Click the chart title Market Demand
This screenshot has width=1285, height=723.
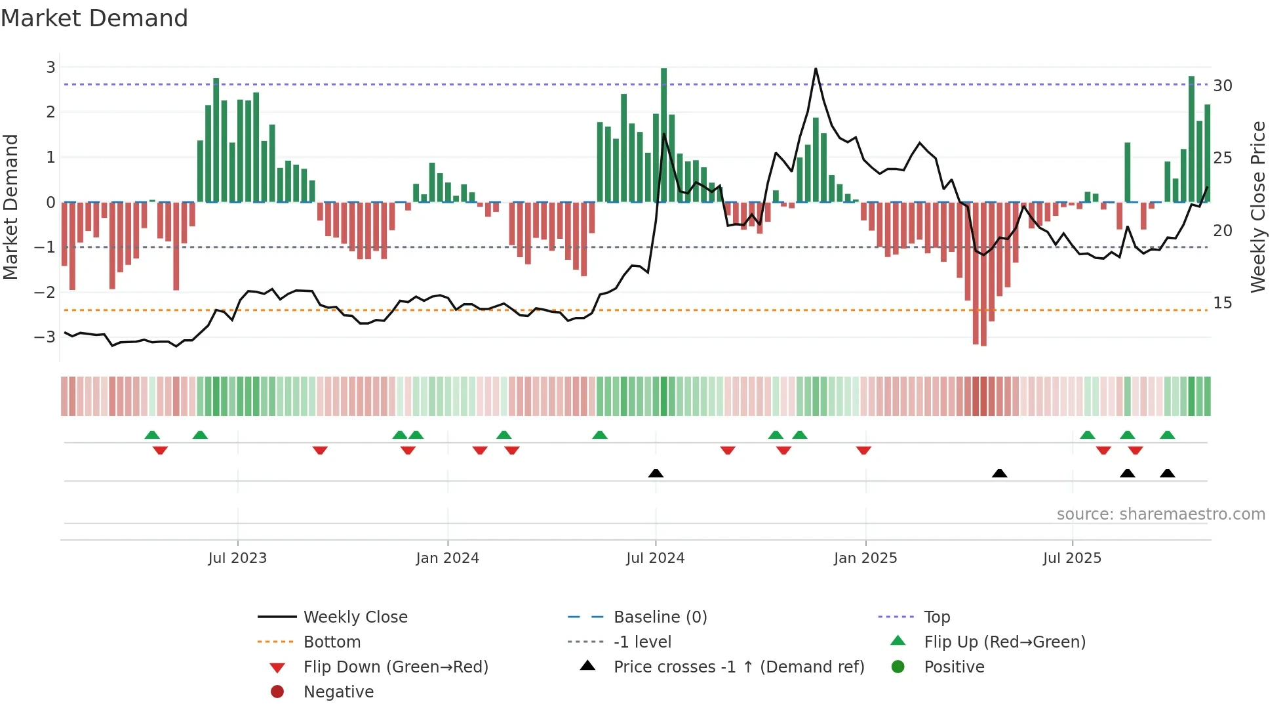[x=94, y=18]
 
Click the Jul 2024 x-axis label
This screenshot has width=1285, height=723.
[x=655, y=558]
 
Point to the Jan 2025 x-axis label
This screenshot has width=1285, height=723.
[x=865, y=558]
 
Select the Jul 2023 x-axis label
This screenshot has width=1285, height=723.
[x=237, y=558]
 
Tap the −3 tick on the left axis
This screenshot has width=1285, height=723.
[x=45, y=337]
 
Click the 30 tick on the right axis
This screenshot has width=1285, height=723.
[x=1222, y=85]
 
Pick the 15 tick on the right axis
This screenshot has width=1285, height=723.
[x=1222, y=302]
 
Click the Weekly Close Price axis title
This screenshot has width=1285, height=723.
[x=1257, y=207]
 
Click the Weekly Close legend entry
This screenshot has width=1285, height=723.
[x=355, y=617]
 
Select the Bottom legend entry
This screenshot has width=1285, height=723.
[x=332, y=642]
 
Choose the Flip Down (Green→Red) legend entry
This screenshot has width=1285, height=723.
[x=395, y=667]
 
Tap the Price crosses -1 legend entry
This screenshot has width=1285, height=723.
[x=738, y=667]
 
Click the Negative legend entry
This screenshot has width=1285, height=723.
[x=338, y=692]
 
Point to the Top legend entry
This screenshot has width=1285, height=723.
[x=936, y=617]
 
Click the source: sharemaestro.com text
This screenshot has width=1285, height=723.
[x=1160, y=514]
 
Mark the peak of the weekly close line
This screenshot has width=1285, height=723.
[x=816, y=68]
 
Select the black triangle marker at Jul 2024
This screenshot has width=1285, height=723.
[x=656, y=473]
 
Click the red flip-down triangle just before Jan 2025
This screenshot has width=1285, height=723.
[x=863, y=450]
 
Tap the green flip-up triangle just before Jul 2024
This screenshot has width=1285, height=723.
[x=599, y=434]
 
